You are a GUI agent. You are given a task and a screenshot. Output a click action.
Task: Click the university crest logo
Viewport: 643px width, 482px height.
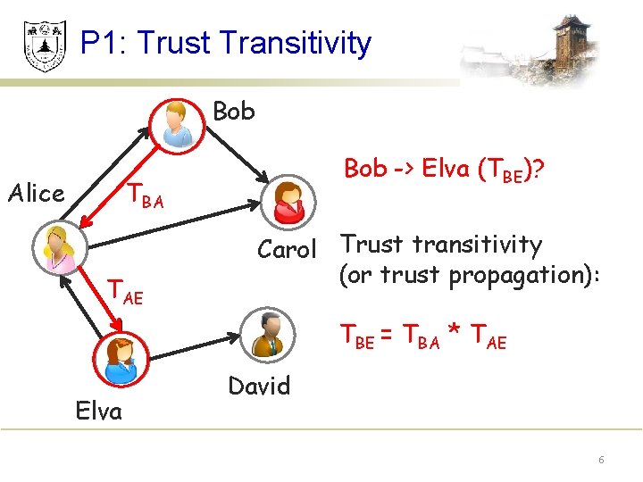pyautogui.click(x=44, y=45)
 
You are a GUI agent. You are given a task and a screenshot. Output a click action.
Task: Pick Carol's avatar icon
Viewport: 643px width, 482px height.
pyautogui.click(x=289, y=202)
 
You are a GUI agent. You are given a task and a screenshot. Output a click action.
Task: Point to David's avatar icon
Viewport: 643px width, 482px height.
pyautogui.click(x=265, y=334)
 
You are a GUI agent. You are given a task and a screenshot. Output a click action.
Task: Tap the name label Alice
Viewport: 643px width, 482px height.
pyautogui.click(x=36, y=193)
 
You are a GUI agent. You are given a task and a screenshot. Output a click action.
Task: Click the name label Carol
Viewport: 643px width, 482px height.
pyautogui.click(x=288, y=250)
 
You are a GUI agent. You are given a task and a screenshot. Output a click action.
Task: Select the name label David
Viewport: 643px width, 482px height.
pyautogui.click(x=259, y=386)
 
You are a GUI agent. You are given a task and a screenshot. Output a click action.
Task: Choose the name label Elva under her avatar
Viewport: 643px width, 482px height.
pyautogui.click(x=98, y=411)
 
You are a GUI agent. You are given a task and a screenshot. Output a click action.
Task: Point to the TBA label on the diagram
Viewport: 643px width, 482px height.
pyautogui.click(x=144, y=195)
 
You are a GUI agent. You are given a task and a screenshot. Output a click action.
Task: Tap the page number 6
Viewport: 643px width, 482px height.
pyautogui.click(x=601, y=460)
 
